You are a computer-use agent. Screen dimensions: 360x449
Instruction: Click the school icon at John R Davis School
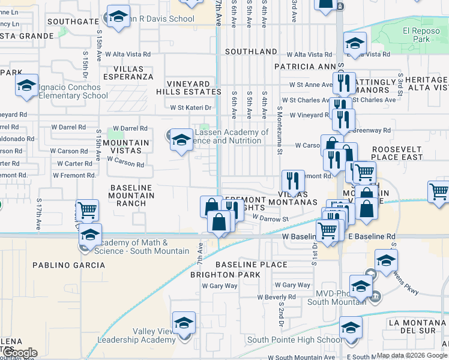pos(118,16)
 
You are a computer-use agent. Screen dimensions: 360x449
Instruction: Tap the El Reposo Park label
pos(417,35)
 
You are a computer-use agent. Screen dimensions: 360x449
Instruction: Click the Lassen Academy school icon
pos(180,140)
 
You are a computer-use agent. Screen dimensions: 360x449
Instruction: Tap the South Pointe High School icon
pos(351,328)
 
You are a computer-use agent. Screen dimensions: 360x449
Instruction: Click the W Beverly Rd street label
pos(276,297)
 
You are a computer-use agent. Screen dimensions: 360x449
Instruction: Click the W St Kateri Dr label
pos(191,108)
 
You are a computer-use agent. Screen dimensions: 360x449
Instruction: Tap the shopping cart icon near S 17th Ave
pos(88,211)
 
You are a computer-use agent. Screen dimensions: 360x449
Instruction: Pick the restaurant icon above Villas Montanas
pos(292,180)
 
